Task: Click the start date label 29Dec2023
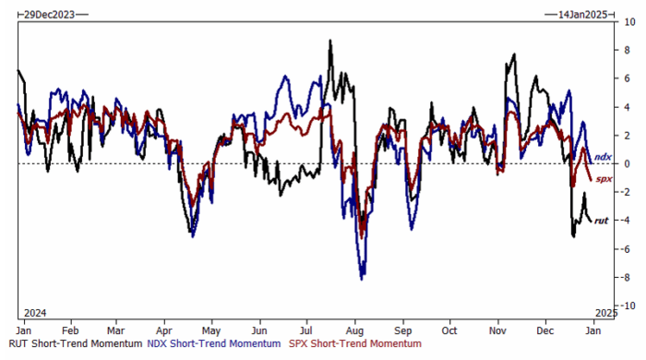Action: pyautogui.click(x=49, y=15)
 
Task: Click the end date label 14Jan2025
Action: pyautogui.click(x=582, y=15)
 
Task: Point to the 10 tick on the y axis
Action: pyautogui.click(x=630, y=22)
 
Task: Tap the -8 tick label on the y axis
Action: pyautogui.click(x=627, y=277)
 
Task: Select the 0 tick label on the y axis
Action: pyautogui.click(x=627, y=164)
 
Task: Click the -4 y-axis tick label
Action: pyautogui.click(x=627, y=221)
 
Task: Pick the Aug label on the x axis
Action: pyautogui.click(x=354, y=330)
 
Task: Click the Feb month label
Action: pyautogui.click(x=70, y=330)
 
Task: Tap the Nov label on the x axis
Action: pyautogui.click(x=497, y=330)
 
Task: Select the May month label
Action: pyautogui.click(x=211, y=330)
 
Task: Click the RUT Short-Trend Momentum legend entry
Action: pyautogui.click(x=76, y=343)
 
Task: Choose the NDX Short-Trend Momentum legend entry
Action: pyautogui.click(x=214, y=343)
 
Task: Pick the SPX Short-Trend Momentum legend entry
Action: pyautogui.click(x=355, y=343)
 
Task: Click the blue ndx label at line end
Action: pyautogui.click(x=603, y=157)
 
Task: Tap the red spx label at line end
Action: pyautogui.click(x=604, y=179)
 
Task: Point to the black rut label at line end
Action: pyautogui.click(x=601, y=221)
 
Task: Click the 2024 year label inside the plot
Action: pyautogui.click(x=35, y=313)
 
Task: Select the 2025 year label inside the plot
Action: pyautogui.click(x=606, y=313)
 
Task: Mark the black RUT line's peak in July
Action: pyautogui.click(x=330, y=41)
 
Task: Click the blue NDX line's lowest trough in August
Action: pyautogui.click(x=362, y=280)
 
